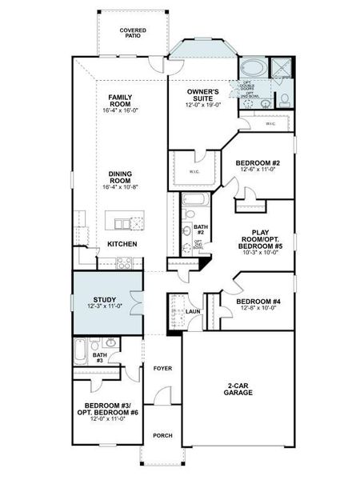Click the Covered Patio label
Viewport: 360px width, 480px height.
point(133,33)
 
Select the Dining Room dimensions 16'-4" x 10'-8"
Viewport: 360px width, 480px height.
point(122,186)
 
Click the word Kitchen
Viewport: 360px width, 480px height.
point(122,243)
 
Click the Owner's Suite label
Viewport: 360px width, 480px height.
point(203,95)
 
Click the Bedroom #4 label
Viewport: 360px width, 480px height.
point(258,302)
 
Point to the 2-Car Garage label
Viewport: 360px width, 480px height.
point(238,388)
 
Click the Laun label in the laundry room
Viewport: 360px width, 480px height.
point(193,311)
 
